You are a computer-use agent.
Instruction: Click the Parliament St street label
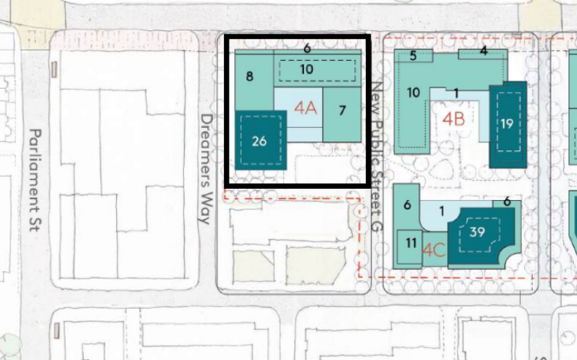(x=34, y=180)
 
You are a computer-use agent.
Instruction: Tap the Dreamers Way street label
(x=206, y=169)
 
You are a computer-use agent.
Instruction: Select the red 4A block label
(x=306, y=109)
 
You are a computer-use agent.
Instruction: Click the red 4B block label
(x=453, y=119)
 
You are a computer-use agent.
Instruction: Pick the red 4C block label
(x=435, y=250)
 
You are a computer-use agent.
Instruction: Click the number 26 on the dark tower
(x=259, y=142)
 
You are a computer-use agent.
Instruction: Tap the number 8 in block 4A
(x=250, y=77)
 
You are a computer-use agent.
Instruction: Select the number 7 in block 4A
(x=343, y=110)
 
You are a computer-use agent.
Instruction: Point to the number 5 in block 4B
(x=413, y=56)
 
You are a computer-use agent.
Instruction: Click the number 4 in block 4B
(x=483, y=50)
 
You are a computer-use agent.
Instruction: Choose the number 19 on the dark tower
(x=507, y=123)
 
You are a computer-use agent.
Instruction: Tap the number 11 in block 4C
(x=411, y=242)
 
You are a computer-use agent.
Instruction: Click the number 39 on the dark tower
(x=477, y=232)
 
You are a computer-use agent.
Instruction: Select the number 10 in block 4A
(x=307, y=69)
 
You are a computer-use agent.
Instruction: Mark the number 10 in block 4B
(x=413, y=92)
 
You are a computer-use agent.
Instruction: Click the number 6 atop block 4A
(x=307, y=48)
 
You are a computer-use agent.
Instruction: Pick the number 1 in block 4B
(x=456, y=94)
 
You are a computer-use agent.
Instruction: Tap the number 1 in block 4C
(x=442, y=211)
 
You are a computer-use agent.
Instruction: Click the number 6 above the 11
(x=407, y=205)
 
